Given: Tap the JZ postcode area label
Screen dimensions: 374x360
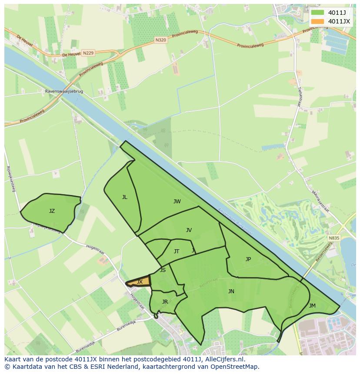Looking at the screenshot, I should coord(52,211).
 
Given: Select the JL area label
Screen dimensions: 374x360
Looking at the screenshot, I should coord(125,197).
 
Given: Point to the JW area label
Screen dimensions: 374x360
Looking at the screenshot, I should coord(177,202).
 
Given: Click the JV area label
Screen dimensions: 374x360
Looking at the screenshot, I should coord(189,230).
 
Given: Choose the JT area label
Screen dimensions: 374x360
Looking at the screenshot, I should coord(177,252).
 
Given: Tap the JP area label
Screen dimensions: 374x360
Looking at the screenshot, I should coord(248,259).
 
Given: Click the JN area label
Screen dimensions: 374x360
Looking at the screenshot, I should coord(231,291).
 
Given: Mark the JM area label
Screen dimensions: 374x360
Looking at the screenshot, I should coord(312,306).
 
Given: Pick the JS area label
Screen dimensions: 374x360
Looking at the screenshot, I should coord(163,270).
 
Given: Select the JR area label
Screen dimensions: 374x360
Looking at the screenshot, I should coord(165,302).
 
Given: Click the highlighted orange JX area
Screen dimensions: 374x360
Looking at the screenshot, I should coord(140,282).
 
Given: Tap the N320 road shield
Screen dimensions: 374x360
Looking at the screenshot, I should coord(161,40).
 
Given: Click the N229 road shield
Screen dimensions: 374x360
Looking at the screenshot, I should coord(88,53).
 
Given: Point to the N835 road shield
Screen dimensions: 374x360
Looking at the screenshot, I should coord(334,238).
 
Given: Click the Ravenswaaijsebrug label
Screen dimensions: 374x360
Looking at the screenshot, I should coord(64,92).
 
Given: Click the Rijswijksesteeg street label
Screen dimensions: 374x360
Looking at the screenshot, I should coord(11,179).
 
